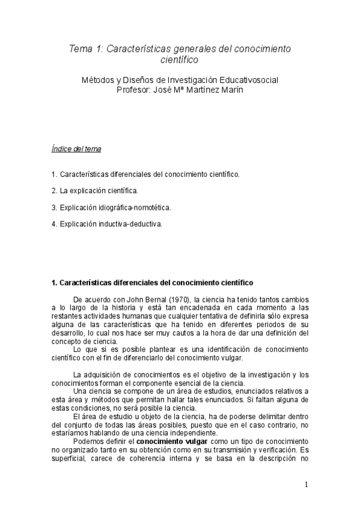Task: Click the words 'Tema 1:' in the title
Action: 86,49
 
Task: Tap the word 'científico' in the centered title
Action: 180,60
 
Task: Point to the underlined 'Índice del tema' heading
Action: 75,149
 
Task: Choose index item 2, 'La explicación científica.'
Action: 95,191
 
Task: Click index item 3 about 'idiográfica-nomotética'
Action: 111,207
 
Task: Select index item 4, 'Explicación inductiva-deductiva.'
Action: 107,224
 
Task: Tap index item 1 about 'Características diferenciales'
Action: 145,174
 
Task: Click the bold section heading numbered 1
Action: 152,282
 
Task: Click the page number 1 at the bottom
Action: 306,485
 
